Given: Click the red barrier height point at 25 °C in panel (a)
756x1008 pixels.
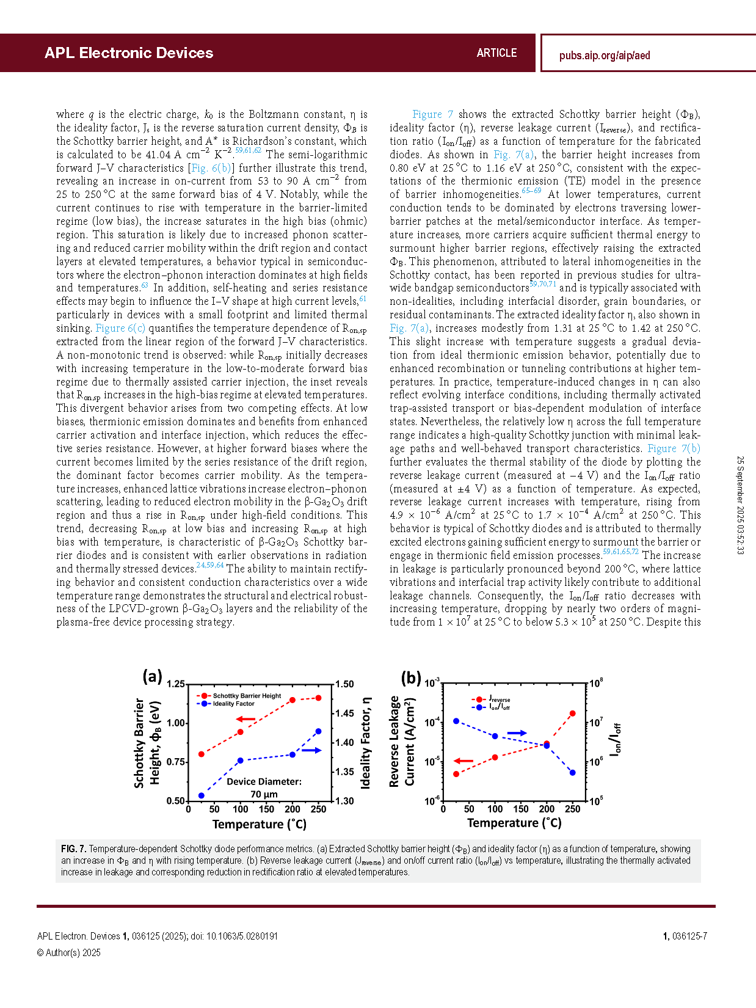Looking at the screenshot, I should point(202,754).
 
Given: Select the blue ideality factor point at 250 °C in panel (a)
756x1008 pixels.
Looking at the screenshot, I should point(319,731).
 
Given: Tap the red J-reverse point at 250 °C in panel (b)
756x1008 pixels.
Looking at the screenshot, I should point(573,714).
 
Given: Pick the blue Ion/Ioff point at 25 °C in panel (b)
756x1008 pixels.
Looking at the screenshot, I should point(456,721).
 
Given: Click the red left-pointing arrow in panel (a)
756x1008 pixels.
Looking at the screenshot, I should point(245,720).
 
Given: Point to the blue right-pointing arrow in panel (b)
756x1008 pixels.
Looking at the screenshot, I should point(517,732).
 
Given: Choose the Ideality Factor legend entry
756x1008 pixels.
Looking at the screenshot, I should point(233,704).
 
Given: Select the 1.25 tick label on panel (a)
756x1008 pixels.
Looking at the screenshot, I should point(176,684).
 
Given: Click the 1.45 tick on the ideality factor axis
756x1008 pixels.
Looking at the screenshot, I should point(344,713).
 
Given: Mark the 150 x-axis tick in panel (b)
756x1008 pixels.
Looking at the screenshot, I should point(521,809).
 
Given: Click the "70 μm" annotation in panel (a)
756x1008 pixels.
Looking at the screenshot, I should point(264,794).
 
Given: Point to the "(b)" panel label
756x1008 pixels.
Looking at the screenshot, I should point(411,678).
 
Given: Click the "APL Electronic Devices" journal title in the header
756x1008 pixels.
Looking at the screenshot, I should point(129,53).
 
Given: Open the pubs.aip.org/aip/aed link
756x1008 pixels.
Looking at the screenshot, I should point(605,56).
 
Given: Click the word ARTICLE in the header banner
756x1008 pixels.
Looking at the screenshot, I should point(496,53).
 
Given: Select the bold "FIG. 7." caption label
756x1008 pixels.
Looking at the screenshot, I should point(73,849).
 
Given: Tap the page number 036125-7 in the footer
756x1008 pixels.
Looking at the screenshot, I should point(689,936).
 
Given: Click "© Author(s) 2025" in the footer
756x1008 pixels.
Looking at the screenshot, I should point(68,952).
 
